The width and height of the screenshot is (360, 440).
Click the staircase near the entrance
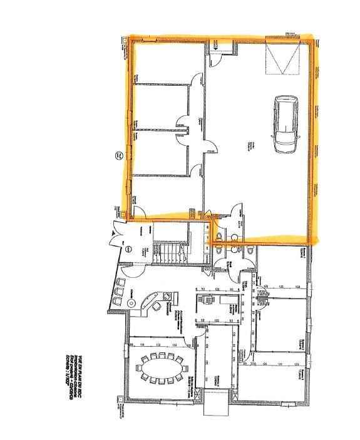pos(168,254)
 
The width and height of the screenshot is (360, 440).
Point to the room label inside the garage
pos(250,145)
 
